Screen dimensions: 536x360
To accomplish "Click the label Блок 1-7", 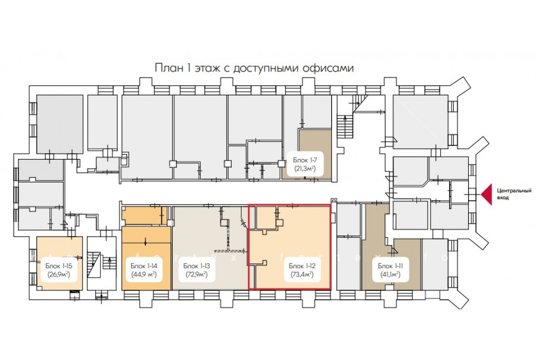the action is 306,160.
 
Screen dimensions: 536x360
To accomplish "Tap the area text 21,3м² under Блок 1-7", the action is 305,168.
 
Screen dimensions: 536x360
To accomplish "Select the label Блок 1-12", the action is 302,266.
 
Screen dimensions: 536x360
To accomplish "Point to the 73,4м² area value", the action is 302,274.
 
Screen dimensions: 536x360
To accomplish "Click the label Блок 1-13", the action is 197,266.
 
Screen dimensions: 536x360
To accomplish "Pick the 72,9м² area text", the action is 197,274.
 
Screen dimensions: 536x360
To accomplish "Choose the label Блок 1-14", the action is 144,266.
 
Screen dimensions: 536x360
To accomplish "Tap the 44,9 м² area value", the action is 144,274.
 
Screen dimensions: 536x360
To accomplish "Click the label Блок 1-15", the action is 59,266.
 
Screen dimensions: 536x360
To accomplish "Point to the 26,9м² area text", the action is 59,274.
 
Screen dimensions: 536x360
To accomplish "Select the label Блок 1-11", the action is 390,266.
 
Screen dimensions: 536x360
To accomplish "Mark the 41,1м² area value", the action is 390,274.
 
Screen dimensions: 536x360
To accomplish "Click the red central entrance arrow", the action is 487,194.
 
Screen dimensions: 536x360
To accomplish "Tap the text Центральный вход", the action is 514,194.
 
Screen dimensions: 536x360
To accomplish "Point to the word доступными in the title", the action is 266,68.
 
